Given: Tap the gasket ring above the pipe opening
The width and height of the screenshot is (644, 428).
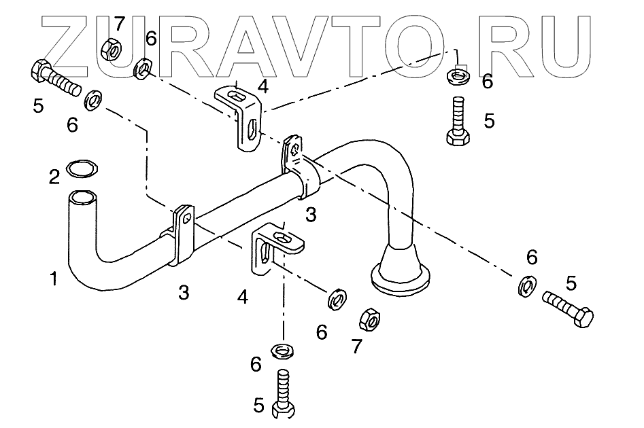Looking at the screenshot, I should coord(80,166).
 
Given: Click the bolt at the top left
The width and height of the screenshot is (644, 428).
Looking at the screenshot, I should coord(55,77).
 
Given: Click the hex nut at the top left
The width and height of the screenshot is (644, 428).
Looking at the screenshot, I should coord(109,49).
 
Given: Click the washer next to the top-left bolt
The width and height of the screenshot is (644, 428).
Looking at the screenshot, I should coord(93,102).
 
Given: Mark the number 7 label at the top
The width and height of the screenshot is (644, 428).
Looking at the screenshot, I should coord(119,24).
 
